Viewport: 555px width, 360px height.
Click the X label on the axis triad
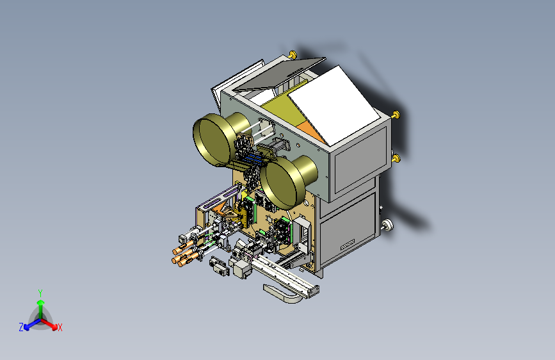[60, 327]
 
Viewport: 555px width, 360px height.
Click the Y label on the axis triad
[40, 293]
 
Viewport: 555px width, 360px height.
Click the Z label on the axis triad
[21, 327]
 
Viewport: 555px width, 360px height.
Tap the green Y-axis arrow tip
[41, 302]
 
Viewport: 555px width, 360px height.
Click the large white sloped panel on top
[334, 105]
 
